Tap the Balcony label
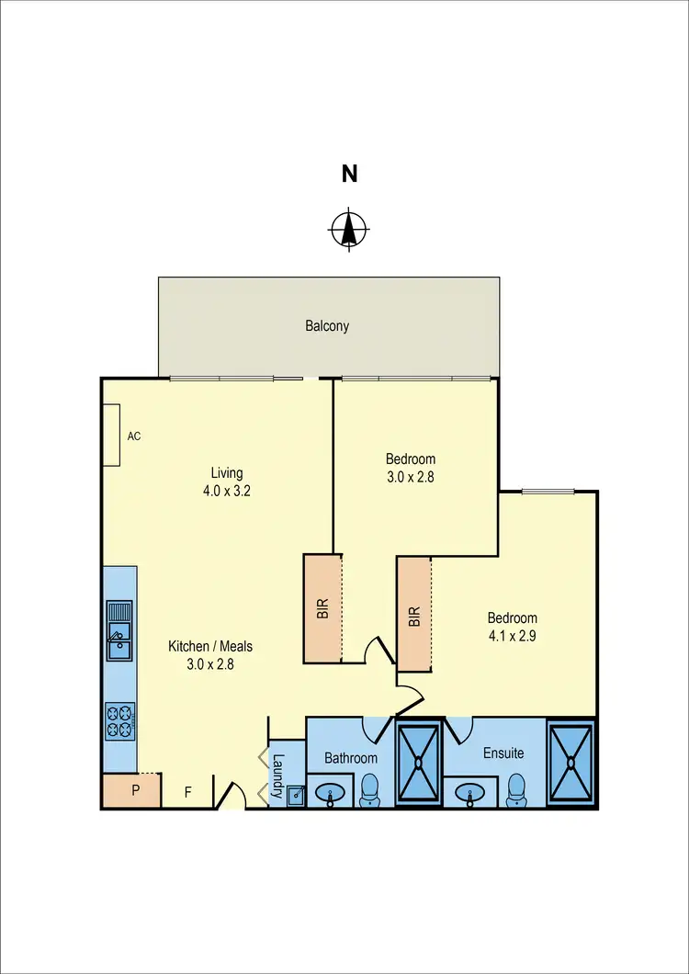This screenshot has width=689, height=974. [327, 325]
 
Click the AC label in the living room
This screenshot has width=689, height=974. [134, 436]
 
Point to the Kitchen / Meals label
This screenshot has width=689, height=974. [209, 647]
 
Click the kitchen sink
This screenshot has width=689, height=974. [119, 630]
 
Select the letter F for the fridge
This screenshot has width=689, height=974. [188, 791]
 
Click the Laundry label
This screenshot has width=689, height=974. [277, 774]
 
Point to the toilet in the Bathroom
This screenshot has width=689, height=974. [370, 789]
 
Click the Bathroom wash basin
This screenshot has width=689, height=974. [330, 792]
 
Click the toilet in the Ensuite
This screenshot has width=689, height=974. [516, 789]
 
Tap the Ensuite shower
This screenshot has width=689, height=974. [571, 763]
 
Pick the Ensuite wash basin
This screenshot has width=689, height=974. [472, 792]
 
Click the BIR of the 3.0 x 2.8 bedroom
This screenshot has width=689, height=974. [322, 607]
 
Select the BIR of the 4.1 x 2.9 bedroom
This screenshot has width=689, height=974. [414, 615]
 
